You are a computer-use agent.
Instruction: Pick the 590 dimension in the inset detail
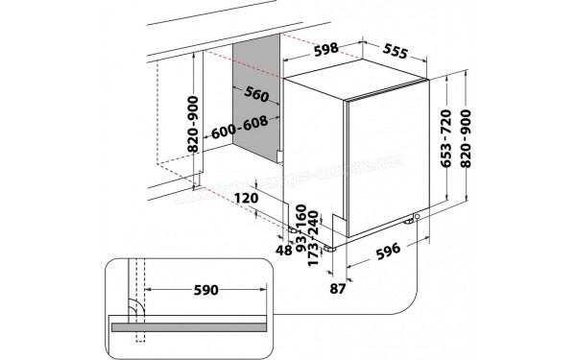[204, 289]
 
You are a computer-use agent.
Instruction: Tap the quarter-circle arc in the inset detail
[136, 306]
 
